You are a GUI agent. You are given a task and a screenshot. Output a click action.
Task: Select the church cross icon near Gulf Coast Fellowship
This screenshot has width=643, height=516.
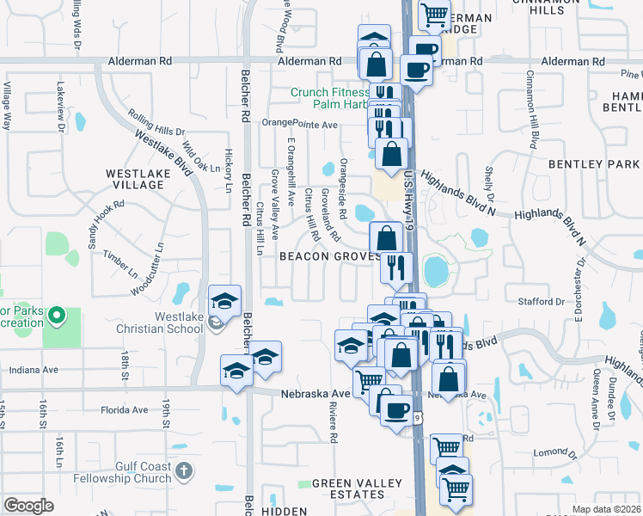(184, 470)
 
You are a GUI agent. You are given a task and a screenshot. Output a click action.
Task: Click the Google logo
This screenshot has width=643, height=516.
(28, 506)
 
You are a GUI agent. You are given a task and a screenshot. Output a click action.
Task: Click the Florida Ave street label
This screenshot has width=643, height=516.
(125, 410)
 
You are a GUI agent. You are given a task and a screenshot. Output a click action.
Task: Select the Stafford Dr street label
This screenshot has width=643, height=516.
(541, 302)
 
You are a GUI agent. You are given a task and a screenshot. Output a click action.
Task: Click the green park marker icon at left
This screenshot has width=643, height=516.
(58, 317)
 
